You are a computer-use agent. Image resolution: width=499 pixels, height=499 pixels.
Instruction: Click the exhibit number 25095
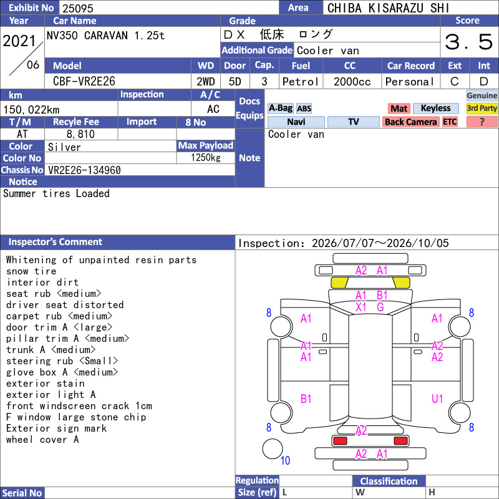click(x=77, y=8)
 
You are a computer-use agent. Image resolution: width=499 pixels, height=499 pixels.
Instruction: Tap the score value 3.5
click(x=469, y=42)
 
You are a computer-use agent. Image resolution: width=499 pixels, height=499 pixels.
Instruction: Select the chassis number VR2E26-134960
click(x=84, y=170)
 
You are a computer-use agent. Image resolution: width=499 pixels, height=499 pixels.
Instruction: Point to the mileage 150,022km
click(x=31, y=110)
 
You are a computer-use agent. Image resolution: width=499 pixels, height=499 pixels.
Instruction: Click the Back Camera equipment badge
click(x=410, y=122)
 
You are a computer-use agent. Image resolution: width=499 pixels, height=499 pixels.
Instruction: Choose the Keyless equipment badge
click(x=435, y=108)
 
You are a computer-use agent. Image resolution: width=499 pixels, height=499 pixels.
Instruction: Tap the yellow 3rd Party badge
click(x=482, y=108)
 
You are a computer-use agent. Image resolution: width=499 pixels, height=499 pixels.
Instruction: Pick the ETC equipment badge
click(x=450, y=122)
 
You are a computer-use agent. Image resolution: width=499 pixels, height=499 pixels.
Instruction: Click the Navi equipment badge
click(x=296, y=122)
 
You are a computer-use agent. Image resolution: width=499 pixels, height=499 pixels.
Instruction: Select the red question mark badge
click(x=482, y=122)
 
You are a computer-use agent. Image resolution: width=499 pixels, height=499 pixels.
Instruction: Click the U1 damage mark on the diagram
click(x=437, y=399)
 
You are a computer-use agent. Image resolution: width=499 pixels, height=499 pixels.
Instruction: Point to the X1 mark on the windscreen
click(x=361, y=308)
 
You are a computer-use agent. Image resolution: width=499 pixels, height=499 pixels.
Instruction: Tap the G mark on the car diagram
click(x=380, y=308)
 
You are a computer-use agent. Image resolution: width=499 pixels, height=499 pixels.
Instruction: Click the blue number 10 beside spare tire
click(x=285, y=460)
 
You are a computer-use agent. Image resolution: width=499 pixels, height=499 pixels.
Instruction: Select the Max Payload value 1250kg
click(x=206, y=158)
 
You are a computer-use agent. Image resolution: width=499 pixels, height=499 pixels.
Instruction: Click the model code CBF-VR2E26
click(x=84, y=82)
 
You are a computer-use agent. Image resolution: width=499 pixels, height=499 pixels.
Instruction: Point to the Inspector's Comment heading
click(x=55, y=242)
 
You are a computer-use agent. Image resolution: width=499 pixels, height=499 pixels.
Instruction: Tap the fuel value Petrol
click(x=301, y=82)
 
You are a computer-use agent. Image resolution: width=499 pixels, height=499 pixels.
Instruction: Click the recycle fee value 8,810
click(x=80, y=134)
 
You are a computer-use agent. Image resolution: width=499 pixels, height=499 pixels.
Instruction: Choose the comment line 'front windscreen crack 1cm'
click(x=79, y=406)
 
